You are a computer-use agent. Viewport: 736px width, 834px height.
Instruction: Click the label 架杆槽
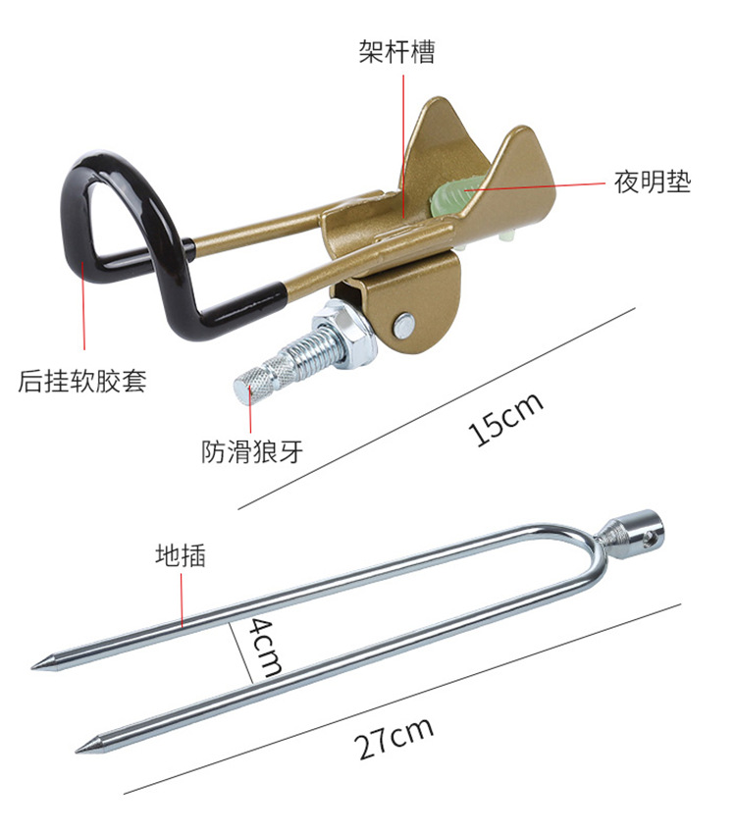tap(395, 51)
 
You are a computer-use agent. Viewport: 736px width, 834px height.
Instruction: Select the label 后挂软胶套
tap(82, 381)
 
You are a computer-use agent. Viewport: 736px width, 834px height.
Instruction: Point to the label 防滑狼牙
tap(252, 450)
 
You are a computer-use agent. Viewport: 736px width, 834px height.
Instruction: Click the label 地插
tap(181, 555)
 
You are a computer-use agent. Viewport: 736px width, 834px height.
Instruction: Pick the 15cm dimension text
tap(506, 419)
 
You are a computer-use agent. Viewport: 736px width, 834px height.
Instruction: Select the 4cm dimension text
tap(263, 648)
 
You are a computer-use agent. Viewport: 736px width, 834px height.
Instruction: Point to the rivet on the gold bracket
tap(402, 324)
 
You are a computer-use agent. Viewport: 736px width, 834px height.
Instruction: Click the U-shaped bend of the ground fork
tap(593, 549)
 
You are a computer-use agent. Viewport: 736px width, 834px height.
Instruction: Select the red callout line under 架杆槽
tap(401, 137)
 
